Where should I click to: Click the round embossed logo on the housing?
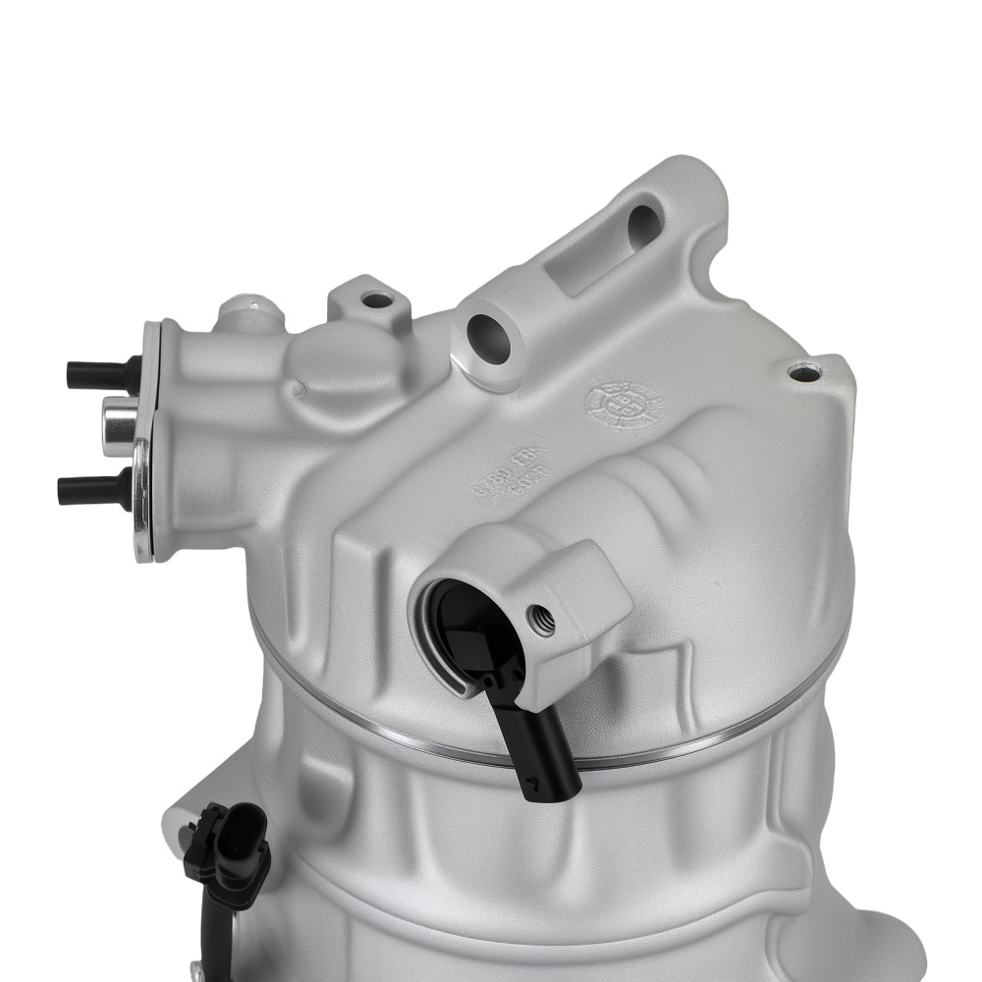(x=624, y=403)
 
